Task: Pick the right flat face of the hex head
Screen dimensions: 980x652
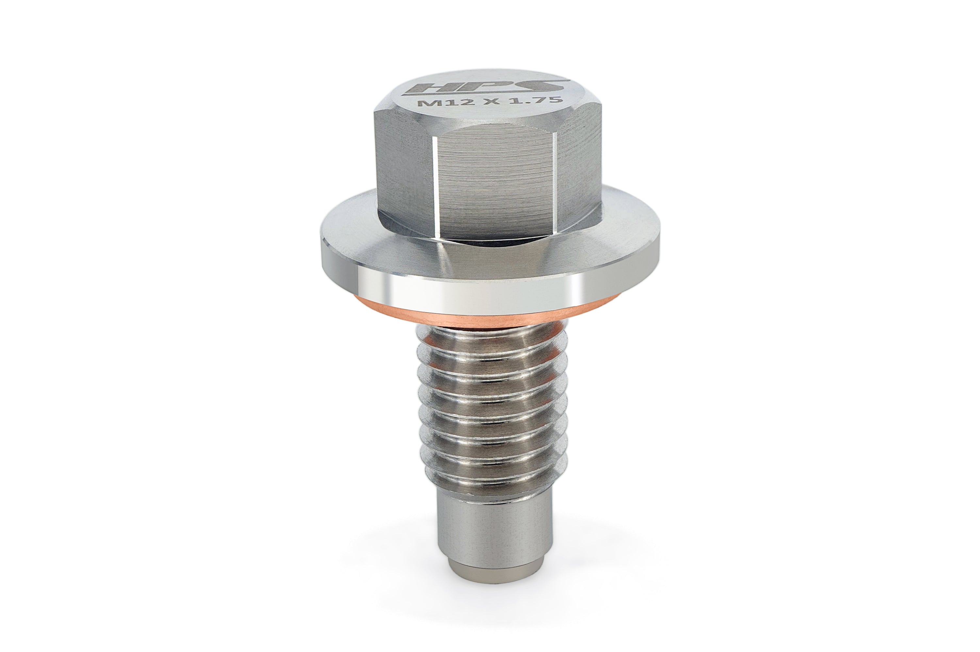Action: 580,166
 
